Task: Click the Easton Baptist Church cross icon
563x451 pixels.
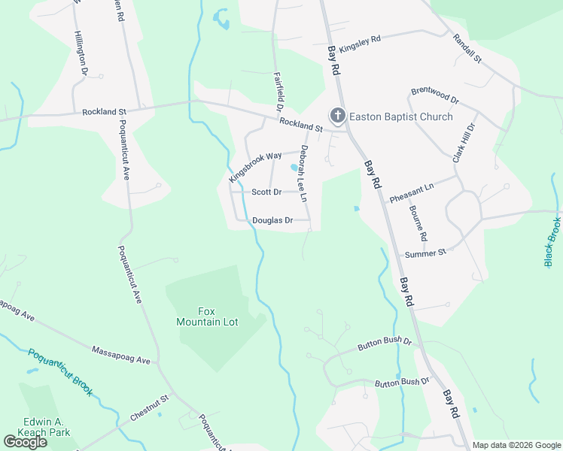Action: (x=338, y=116)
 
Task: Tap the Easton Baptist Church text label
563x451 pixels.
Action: (x=401, y=117)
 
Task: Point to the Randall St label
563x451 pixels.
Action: (x=467, y=49)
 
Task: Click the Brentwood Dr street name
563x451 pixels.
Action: (x=434, y=95)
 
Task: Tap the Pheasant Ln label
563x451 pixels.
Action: (x=412, y=192)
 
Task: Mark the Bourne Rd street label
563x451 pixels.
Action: (x=418, y=223)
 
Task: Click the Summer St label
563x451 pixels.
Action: (x=425, y=253)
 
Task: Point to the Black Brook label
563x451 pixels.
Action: (x=552, y=241)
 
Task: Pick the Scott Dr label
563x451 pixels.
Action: (x=266, y=192)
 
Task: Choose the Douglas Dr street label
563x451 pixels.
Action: (x=272, y=220)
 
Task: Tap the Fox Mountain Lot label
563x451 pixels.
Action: (x=207, y=316)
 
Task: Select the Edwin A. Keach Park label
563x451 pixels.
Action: (x=47, y=426)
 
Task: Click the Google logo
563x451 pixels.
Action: (x=25, y=442)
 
